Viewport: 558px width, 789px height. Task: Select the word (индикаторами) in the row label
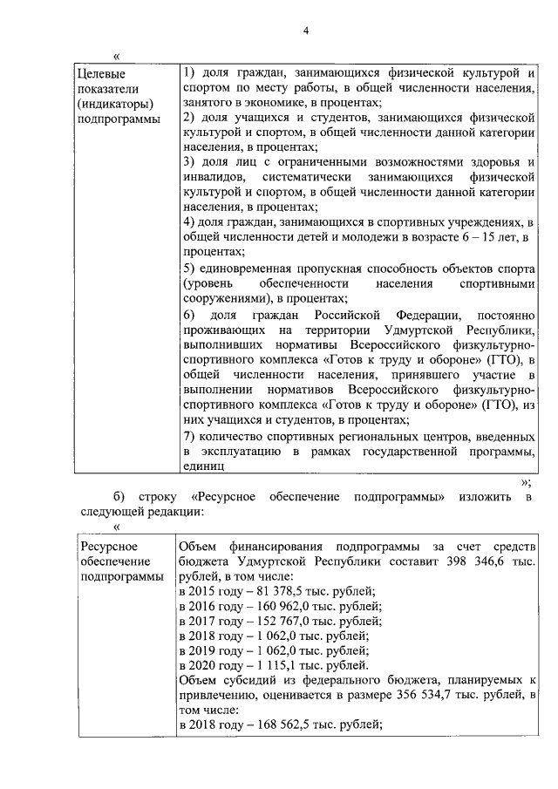click(x=115, y=105)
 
